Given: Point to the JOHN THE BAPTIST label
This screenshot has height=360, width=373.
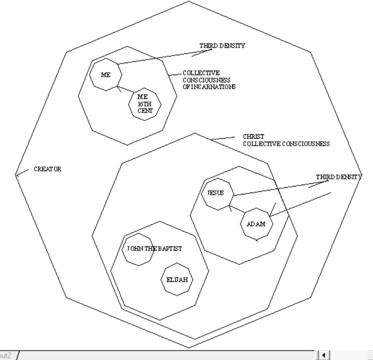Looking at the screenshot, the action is (154, 249).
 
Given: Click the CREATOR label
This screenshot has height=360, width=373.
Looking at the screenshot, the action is (48, 169).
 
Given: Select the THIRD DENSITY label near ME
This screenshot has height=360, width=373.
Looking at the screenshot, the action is (222, 45).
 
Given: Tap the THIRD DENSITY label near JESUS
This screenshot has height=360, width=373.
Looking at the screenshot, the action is (339, 177).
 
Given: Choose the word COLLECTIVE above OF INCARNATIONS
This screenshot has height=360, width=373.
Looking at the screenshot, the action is (201, 73).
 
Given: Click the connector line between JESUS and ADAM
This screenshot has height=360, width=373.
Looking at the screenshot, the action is (237, 208).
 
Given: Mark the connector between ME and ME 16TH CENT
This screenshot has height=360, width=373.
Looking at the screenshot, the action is (126, 90).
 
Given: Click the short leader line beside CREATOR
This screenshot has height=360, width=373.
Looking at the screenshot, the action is (22, 172).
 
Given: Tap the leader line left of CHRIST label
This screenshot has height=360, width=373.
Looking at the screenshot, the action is (222, 138).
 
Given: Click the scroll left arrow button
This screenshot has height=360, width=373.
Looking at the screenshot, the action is (323, 355).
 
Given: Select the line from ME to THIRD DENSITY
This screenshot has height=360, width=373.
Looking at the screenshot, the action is (165, 57).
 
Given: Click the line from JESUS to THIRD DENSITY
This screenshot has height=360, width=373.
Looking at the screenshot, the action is (281, 188).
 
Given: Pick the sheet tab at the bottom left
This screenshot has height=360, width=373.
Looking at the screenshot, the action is (7, 356).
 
